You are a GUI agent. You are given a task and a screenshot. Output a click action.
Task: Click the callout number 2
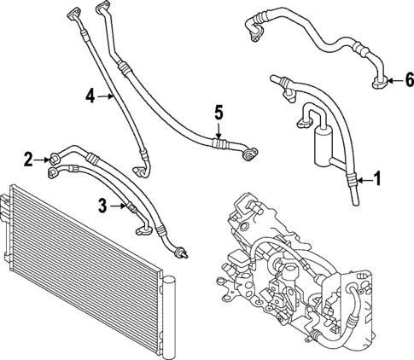[29, 158]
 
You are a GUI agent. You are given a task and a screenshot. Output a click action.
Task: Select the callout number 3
[102, 205]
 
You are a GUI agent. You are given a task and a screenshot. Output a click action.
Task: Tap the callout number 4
[90, 96]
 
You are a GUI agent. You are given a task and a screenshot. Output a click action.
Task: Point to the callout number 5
[219, 112]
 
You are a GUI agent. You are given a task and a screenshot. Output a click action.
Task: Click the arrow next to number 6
[394, 81]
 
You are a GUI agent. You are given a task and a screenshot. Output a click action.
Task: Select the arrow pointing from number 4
[106, 96]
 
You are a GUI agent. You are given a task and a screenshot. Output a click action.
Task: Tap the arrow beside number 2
[44, 158]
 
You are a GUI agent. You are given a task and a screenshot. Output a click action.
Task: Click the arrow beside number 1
[362, 180]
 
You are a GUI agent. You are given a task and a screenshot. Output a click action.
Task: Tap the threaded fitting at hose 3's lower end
[179, 250]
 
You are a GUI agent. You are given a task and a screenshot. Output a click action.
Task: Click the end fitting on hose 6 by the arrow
[379, 81]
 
